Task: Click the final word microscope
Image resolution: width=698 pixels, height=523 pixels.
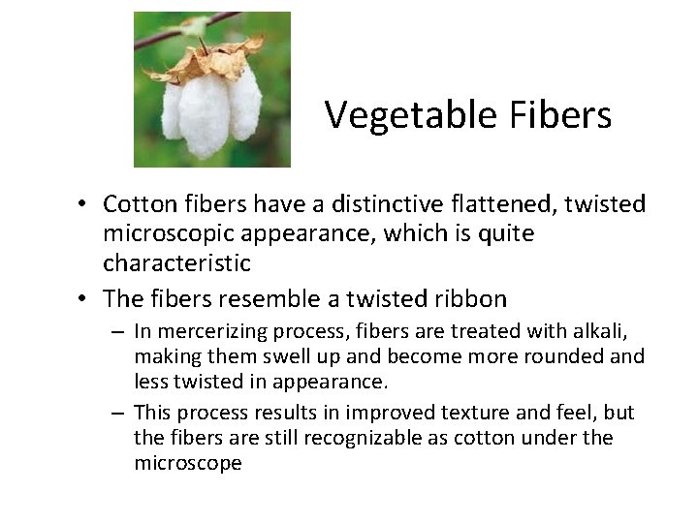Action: coord(188,464)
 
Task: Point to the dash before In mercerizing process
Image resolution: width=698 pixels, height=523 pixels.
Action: coord(119,330)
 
